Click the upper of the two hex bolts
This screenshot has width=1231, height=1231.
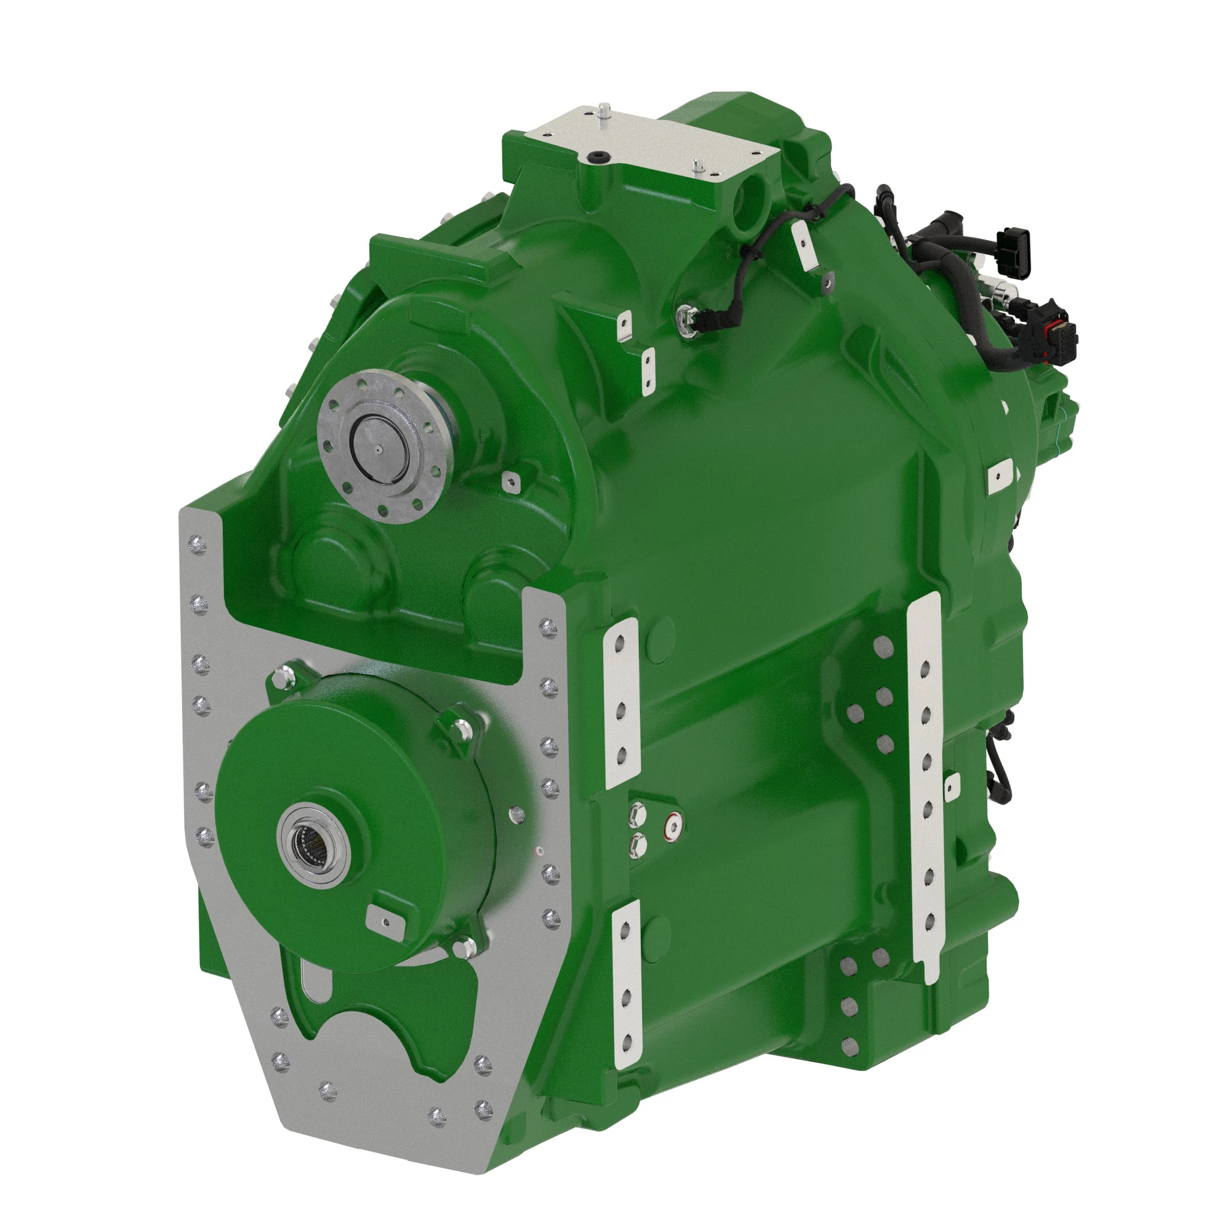coord(637,813)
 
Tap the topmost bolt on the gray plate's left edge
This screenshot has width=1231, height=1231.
coord(199,545)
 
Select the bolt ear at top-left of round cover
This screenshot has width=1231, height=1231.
coord(282,675)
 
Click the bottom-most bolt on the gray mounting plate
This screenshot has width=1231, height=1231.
coord(437,1133)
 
